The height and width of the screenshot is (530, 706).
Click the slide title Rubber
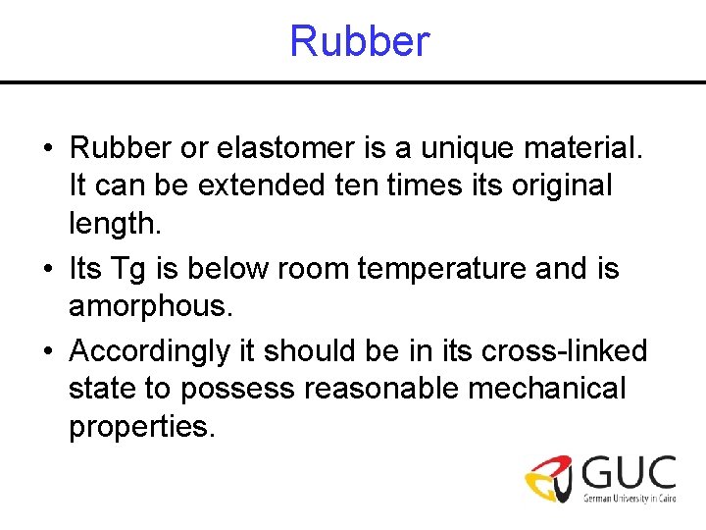360,42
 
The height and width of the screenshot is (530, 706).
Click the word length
113,225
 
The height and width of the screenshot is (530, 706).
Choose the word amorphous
150,305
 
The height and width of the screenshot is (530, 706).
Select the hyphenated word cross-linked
556,351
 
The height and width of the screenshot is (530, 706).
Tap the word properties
140,427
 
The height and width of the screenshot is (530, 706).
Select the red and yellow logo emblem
550,478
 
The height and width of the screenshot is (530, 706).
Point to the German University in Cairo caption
630,499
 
